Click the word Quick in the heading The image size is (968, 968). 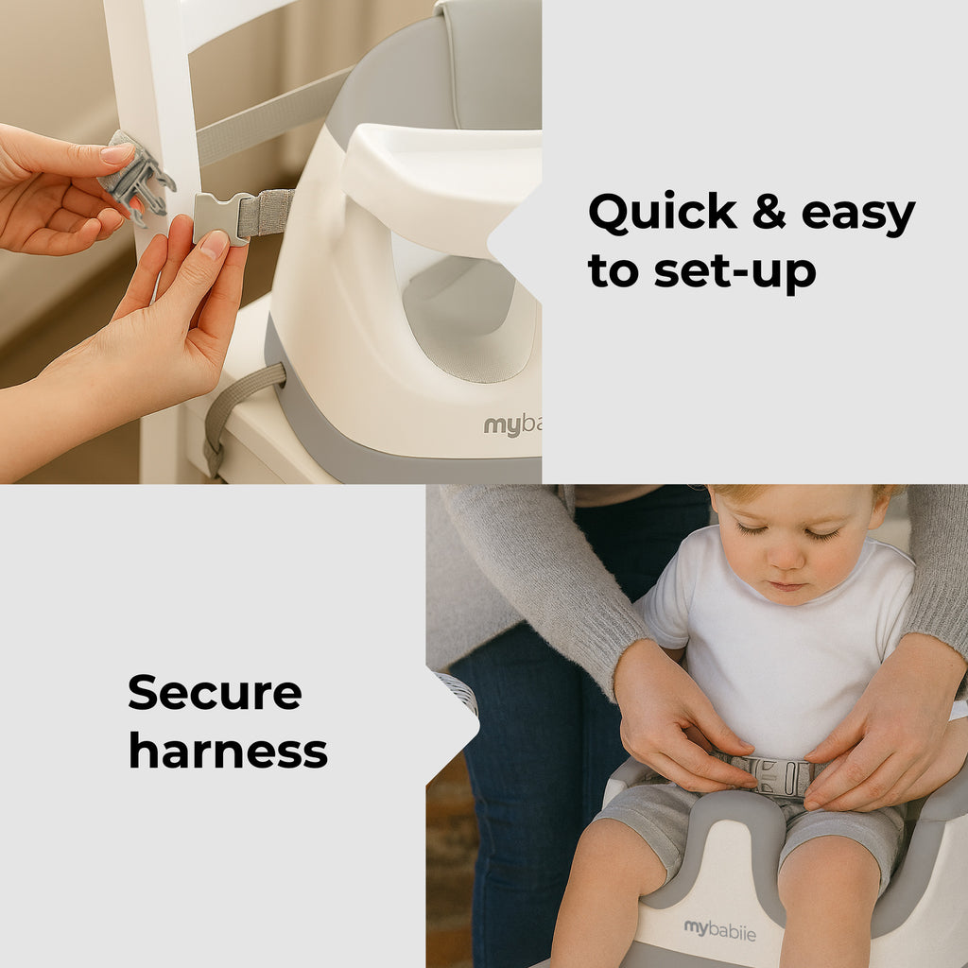663,213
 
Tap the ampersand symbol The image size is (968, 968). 769,211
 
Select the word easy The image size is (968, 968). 858,216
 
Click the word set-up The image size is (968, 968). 735,271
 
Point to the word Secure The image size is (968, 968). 215,692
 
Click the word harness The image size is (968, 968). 228,752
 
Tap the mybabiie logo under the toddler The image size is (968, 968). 719,930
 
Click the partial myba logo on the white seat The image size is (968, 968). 512,425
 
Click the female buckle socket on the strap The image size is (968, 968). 220,218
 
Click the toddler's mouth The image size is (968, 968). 786,585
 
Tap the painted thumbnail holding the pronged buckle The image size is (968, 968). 118,152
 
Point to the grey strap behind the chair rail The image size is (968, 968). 271,116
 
